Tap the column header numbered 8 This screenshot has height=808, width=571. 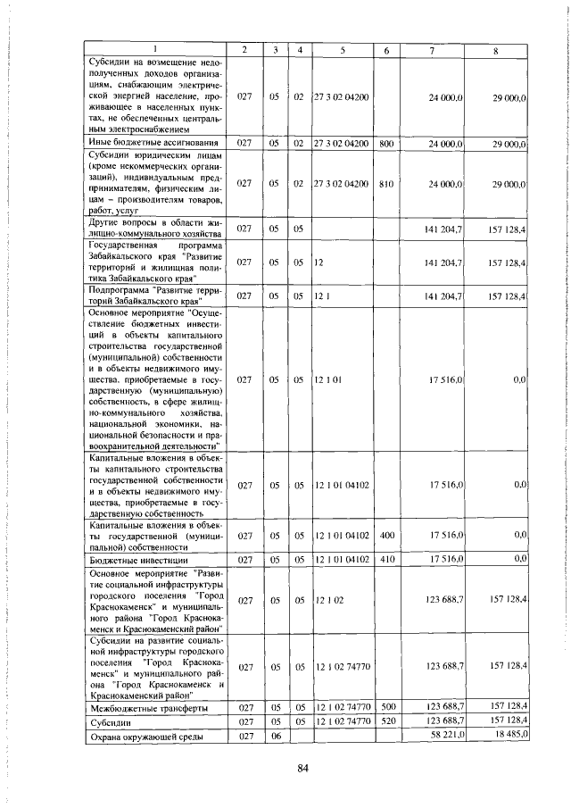coord(495,50)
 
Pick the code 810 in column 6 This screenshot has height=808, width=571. coord(386,183)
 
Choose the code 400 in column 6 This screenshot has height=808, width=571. coord(386,537)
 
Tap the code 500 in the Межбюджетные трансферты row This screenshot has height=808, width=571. coord(386,708)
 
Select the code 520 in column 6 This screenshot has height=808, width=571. coord(386,721)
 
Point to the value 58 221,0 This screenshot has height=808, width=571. coord(446,734)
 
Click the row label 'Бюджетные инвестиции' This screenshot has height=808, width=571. coord(125,559)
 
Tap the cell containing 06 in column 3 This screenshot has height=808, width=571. coord(275,735)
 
